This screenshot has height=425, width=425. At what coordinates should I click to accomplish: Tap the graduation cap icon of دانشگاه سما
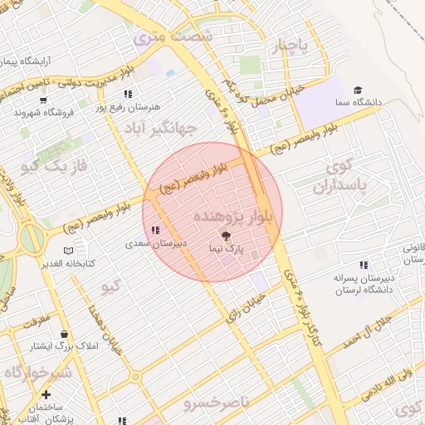point(358,90)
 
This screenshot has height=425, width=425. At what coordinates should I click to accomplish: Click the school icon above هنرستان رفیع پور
point(127,95)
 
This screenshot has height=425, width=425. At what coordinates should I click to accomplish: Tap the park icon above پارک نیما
point(227,237)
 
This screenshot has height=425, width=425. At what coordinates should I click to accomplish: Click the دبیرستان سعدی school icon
point(155,231)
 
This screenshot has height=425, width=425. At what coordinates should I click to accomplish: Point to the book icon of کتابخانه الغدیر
point(68,251)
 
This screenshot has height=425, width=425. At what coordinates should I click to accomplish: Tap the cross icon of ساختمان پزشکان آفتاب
point(45,395)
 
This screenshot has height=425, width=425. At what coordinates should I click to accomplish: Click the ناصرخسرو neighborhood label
point(217,403)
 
